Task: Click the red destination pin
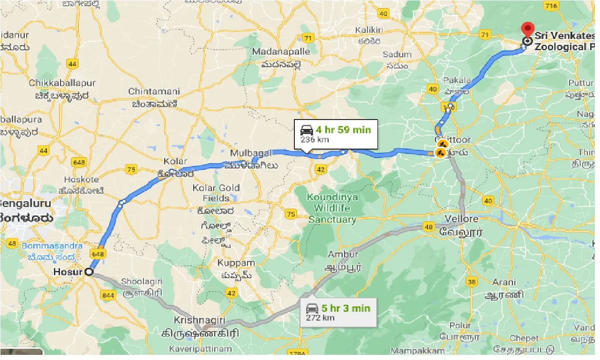coord(527,30)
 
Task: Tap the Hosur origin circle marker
coord(89,271)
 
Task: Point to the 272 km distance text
coord(321,318)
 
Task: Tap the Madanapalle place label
coord(281,52)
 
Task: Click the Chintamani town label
coord(154,91)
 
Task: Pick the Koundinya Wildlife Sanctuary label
coord(332,208)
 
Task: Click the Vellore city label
coord(462,219)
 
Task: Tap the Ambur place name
coord(343,255)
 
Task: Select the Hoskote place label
coord(81,179)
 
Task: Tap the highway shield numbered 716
coord(551,6)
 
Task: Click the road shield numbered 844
coord(107,295)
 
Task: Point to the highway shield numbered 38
coord(472,282)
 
